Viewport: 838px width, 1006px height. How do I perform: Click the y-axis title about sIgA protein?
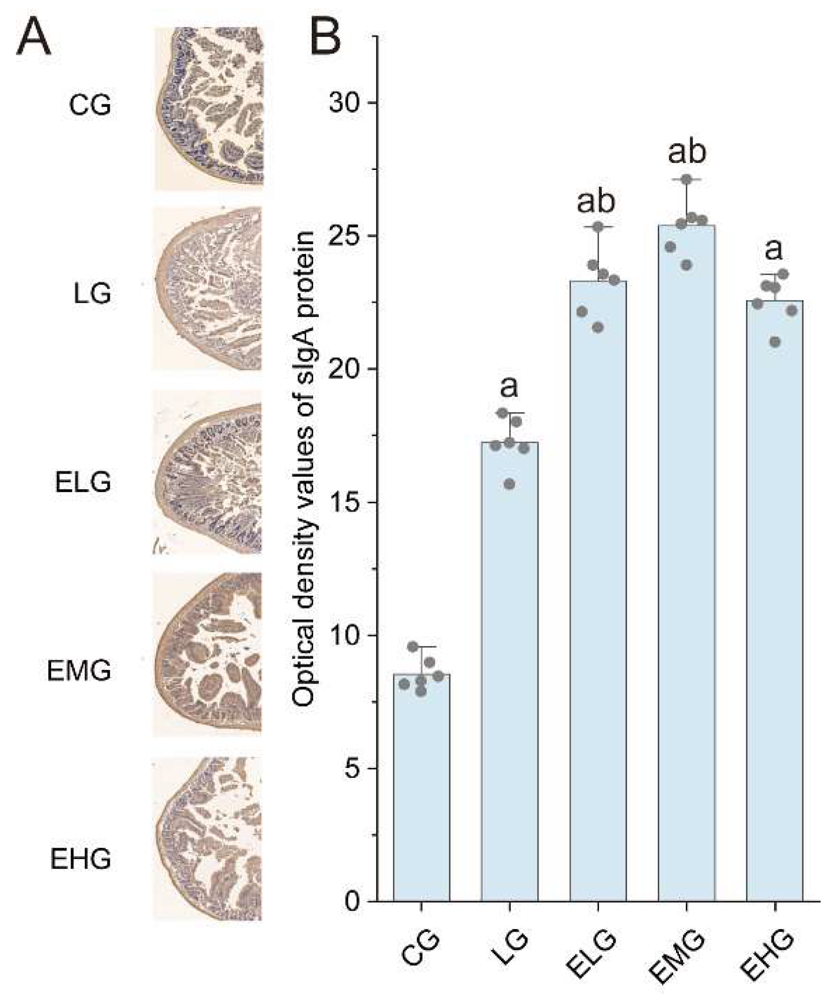(x=304, y=469)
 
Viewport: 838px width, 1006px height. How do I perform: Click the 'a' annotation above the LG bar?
(x=509, y=387)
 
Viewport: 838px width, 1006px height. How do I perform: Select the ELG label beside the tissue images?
(x=83, y=482)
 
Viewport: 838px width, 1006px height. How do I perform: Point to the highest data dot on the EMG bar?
(x=686, y=180)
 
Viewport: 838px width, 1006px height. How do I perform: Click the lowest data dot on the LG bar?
(x=510, y=484)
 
